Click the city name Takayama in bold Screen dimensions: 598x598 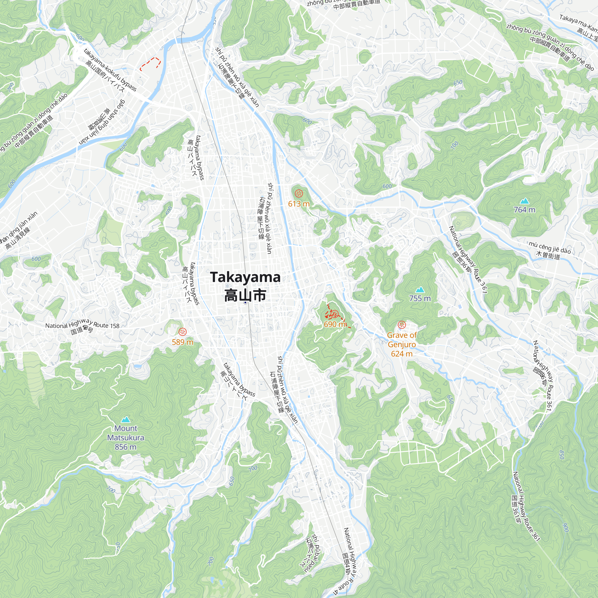pyautogui.click(x=245, y=277)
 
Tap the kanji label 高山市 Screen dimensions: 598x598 pyautogui.click(x=245, y=295)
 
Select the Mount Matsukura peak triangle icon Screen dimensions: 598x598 pyautogui.click(x=125, y=420)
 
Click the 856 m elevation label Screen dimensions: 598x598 pyautogui.click(x=125, y=447)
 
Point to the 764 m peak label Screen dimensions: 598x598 pyautogui.click(x=524, y=210)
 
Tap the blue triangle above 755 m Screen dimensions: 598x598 pyautogui.click(x=420, y=290)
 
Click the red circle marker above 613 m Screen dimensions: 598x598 pyautogui.click(x=299, y=194)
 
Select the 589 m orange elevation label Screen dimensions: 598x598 pyautogui.click(x=182, y=342)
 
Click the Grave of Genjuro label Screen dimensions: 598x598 pyautogui.click(x=402, y=340)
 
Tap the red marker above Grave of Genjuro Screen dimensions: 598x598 pyautogui.click(x=402, y=325)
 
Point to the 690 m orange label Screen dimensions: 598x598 pyautogui.click(x=334, y=324)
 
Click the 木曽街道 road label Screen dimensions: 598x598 pyautogui.click(x=548, y=256)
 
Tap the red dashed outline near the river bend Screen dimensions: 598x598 pyautogui.click(x=150, y=63)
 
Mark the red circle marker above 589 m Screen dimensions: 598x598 pyautogui.click(x=183, y=332)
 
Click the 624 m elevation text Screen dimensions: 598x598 pyautogui.click(x=402, y=354)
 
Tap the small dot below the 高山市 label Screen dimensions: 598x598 pyautogui.click(x=245, y=302)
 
